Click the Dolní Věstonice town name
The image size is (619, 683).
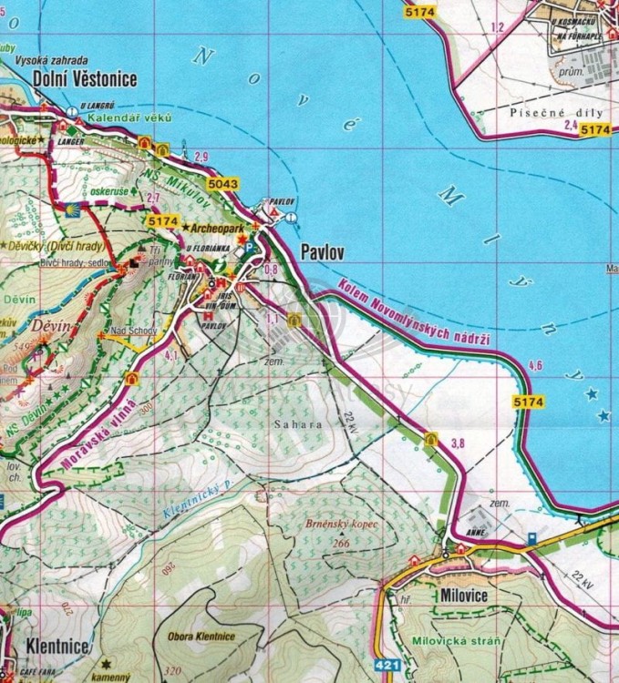(84, 79)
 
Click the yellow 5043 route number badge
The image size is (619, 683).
(222, 185)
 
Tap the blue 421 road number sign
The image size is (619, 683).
(387, 667)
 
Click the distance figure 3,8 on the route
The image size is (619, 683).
(459, 443)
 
